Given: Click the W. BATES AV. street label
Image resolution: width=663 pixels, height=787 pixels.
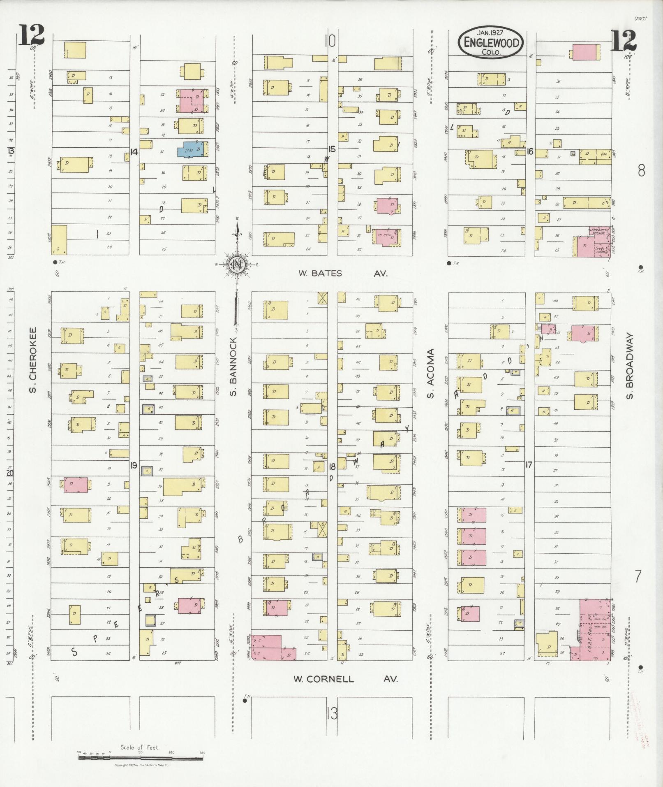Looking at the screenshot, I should tap(343, 273).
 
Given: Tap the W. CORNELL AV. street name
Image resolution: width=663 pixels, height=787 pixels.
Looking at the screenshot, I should tap(345, 679).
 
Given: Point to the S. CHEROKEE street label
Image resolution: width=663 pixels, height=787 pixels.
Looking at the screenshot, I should tap(33, 360).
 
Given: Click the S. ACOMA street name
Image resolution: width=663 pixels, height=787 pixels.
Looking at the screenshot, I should tap(430, 374).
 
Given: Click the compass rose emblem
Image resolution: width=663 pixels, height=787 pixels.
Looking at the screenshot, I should tap(238, 265).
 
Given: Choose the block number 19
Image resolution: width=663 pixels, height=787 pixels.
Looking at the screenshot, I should tap(134, 465).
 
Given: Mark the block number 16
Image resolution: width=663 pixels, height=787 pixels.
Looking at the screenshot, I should tap(530, 152).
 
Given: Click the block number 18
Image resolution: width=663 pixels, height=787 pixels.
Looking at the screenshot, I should tap(332, 466).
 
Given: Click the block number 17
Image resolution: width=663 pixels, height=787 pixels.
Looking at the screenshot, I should tap(529, 465).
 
